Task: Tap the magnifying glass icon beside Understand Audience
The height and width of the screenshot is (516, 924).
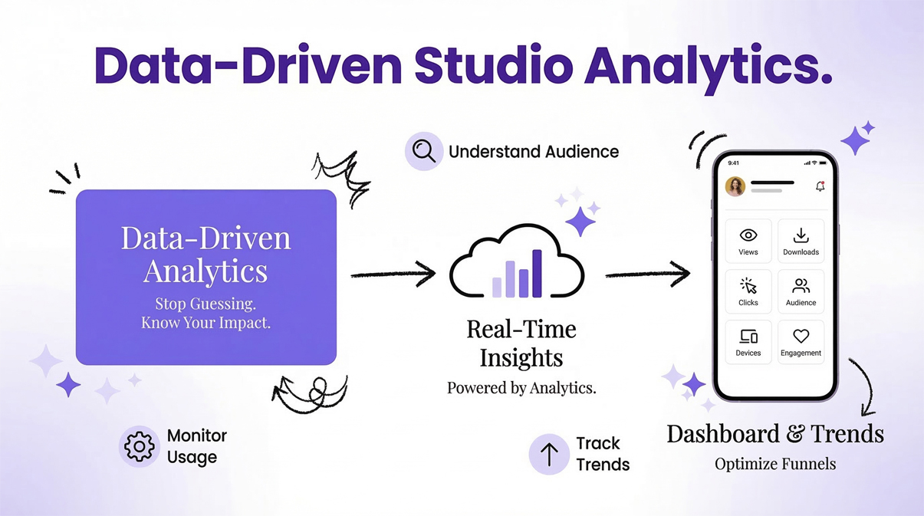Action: pyautogui.click(x=424, y=151)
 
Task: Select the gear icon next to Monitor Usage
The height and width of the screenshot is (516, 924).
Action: pyautogui.click(x=139, y=447)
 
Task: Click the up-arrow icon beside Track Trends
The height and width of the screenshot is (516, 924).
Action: pyautogui.click(x=549, y=454)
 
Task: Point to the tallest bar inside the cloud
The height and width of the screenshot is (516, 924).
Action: pyautogui.click(x=537, y=273)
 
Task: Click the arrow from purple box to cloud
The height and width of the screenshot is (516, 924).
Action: pyautogui.click(x=393, y=274)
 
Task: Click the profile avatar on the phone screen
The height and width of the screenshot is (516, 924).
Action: pyautogui.click(x=735, y=186)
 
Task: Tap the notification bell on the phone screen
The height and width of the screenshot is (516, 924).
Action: pyautogui.click(x=820, y=186)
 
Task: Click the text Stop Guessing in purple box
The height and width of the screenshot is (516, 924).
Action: pyautogui.click(x=206, y=303)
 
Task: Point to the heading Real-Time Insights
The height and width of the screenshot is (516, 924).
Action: pyautogui.click(x=521, y=343)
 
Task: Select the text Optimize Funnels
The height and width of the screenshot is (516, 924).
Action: pyautogui.click(x=774, y=464)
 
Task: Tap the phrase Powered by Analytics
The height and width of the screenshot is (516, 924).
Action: pyautogui.click(x=521, y=388)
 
